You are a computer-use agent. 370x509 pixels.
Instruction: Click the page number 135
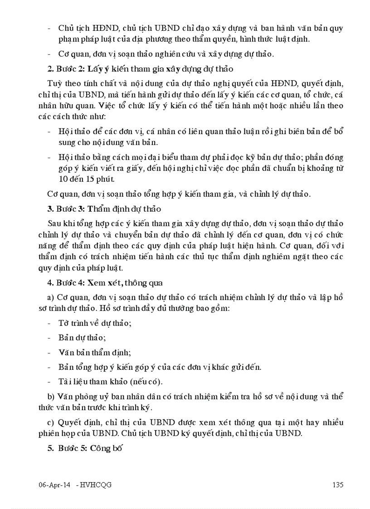click(x=338, y=485)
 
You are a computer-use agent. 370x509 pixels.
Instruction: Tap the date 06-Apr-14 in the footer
click(x=54, y=485)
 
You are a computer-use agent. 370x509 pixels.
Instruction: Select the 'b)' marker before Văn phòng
click(x=51, y=396)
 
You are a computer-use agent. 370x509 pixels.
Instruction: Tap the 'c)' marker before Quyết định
click(x=51, y=422)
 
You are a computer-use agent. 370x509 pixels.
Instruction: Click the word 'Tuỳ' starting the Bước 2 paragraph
click(x=54, y=83)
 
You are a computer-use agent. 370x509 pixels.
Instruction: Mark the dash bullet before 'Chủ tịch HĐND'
click(x=49, y=28)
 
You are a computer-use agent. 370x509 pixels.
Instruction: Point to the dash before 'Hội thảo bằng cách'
click(x=49, y=158)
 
